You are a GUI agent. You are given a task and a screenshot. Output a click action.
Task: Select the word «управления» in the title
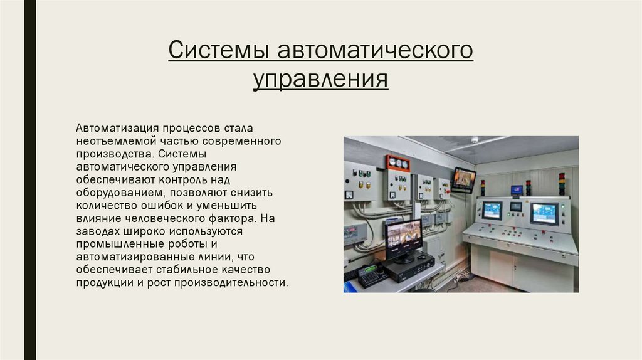tap(320, 80)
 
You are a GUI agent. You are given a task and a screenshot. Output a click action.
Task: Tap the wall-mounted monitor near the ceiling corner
tap(464, 179)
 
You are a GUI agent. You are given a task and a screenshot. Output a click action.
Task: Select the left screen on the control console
tap(492, 210)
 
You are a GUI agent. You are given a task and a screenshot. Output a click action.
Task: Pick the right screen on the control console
tap(544, 213)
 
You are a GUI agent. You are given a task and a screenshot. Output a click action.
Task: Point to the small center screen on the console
tap(515, 206)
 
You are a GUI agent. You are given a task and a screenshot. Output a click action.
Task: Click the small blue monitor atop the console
tap(517, 190)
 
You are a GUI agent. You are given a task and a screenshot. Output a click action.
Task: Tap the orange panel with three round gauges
tap(397, 163)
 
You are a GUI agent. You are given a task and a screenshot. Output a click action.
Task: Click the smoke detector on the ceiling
tap(475, 140)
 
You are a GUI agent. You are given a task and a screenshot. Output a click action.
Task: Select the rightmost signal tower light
tap(562, 183)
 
